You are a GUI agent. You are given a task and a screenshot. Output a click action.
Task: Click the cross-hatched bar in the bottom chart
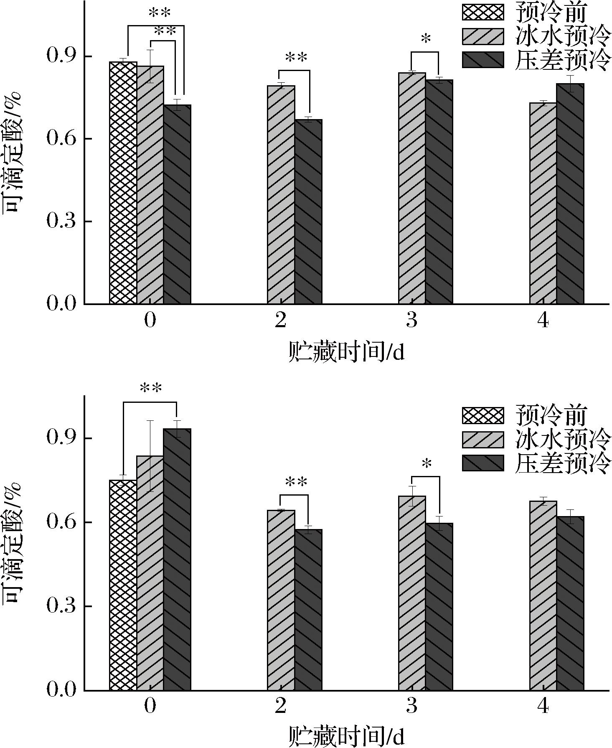(x=123, y=585)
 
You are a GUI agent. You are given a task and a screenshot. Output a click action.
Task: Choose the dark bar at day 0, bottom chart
(x=177, y=560)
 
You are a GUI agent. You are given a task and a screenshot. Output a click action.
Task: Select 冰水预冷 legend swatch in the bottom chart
(x=482, y=439)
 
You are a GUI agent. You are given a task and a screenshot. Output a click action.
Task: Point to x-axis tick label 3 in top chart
(x=412, y=321)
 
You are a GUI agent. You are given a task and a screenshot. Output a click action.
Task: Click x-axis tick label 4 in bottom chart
(x=543, y=706)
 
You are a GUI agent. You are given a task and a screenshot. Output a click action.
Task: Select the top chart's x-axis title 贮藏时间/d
(x=346, y=353)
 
